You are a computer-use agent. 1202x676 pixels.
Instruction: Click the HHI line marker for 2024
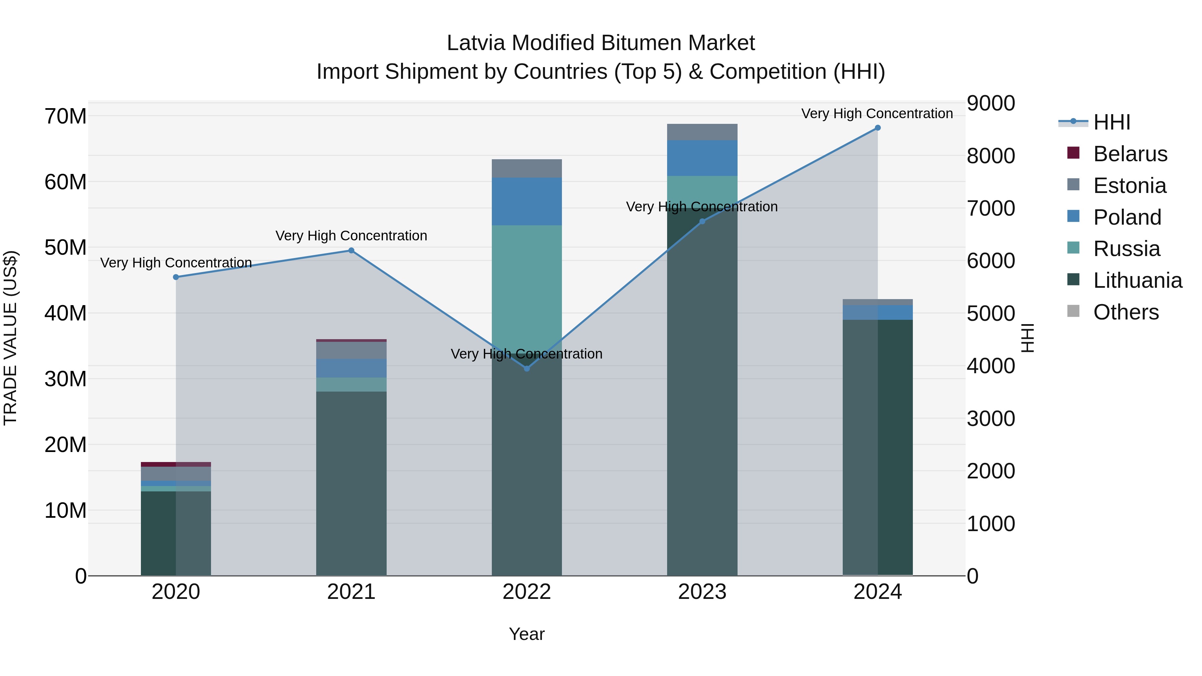pyautogui.click(x=877, y=128)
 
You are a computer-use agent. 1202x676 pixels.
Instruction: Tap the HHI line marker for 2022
pyautogui.click(x=527, y=369)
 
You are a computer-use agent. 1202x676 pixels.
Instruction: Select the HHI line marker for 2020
pyautogui.click(x=176, y=277)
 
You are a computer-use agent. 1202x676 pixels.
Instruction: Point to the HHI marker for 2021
pyautogui.click(x=351, y=250)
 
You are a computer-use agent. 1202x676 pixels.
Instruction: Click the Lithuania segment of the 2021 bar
pyautogui.click(x=351, y=483)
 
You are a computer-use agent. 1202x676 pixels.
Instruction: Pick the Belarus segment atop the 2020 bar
pyautogui.click(x=176, y=464)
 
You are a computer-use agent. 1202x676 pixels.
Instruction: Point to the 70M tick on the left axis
pyautogui.click(x=65, y=116)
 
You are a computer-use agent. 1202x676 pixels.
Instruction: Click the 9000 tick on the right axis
pyautogui.click(x=991, y=103)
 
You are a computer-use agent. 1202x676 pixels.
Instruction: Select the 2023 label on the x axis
pyautogui.click(x=702, y=592)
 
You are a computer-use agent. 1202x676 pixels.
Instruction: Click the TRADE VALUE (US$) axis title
pyautogui.click(x=10, y=338)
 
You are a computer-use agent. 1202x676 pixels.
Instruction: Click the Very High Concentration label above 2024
pyautogui.click(x=877, y=114)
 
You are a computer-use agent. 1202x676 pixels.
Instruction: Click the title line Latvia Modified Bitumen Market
pyautogui.click(x=601, y=43)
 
